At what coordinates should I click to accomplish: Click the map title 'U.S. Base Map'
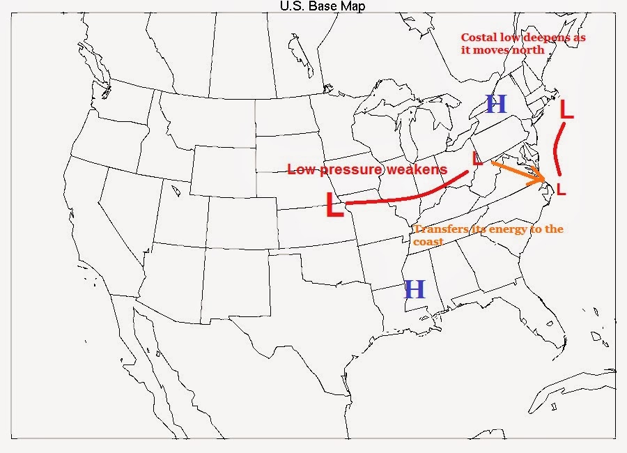322,6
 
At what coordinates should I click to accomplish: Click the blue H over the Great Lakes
496,105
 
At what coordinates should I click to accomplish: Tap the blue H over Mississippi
415,289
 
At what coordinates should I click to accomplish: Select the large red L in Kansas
335,205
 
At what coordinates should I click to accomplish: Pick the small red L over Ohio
477,159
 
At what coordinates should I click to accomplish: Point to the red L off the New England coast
567,110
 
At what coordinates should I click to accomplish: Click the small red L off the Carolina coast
562,188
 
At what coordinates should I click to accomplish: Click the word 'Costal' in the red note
478,38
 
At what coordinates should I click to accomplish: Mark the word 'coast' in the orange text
428,241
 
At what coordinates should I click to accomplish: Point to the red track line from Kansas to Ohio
404,199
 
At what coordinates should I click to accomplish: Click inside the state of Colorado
240,220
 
